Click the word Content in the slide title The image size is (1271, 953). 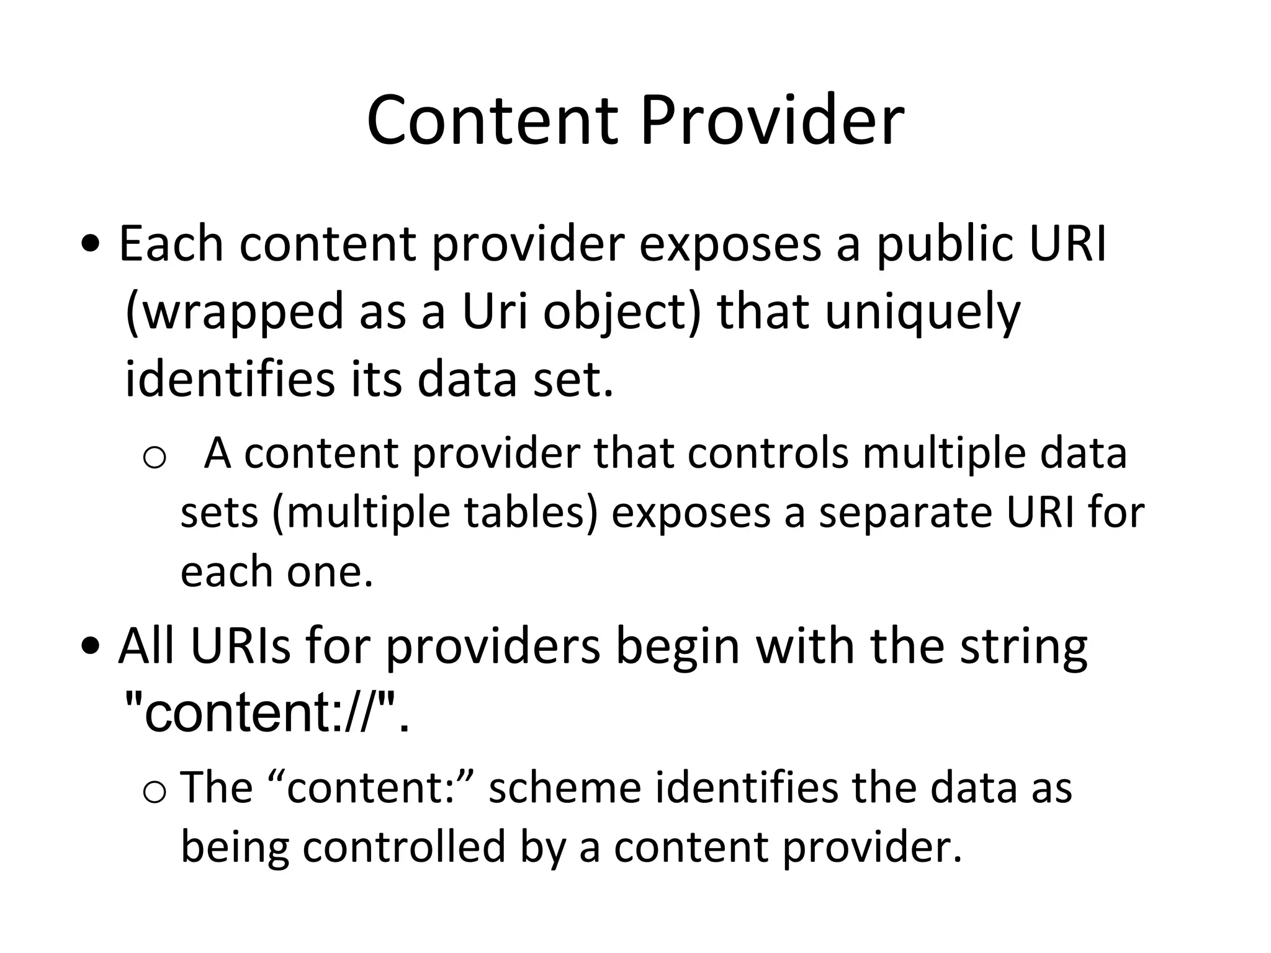coord(493,120)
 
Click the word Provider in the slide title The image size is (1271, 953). coord(772,120)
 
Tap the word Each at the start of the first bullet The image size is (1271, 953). coord(171,244)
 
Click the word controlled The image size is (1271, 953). coord(404,847)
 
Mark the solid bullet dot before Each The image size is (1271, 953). coord(91,244)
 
